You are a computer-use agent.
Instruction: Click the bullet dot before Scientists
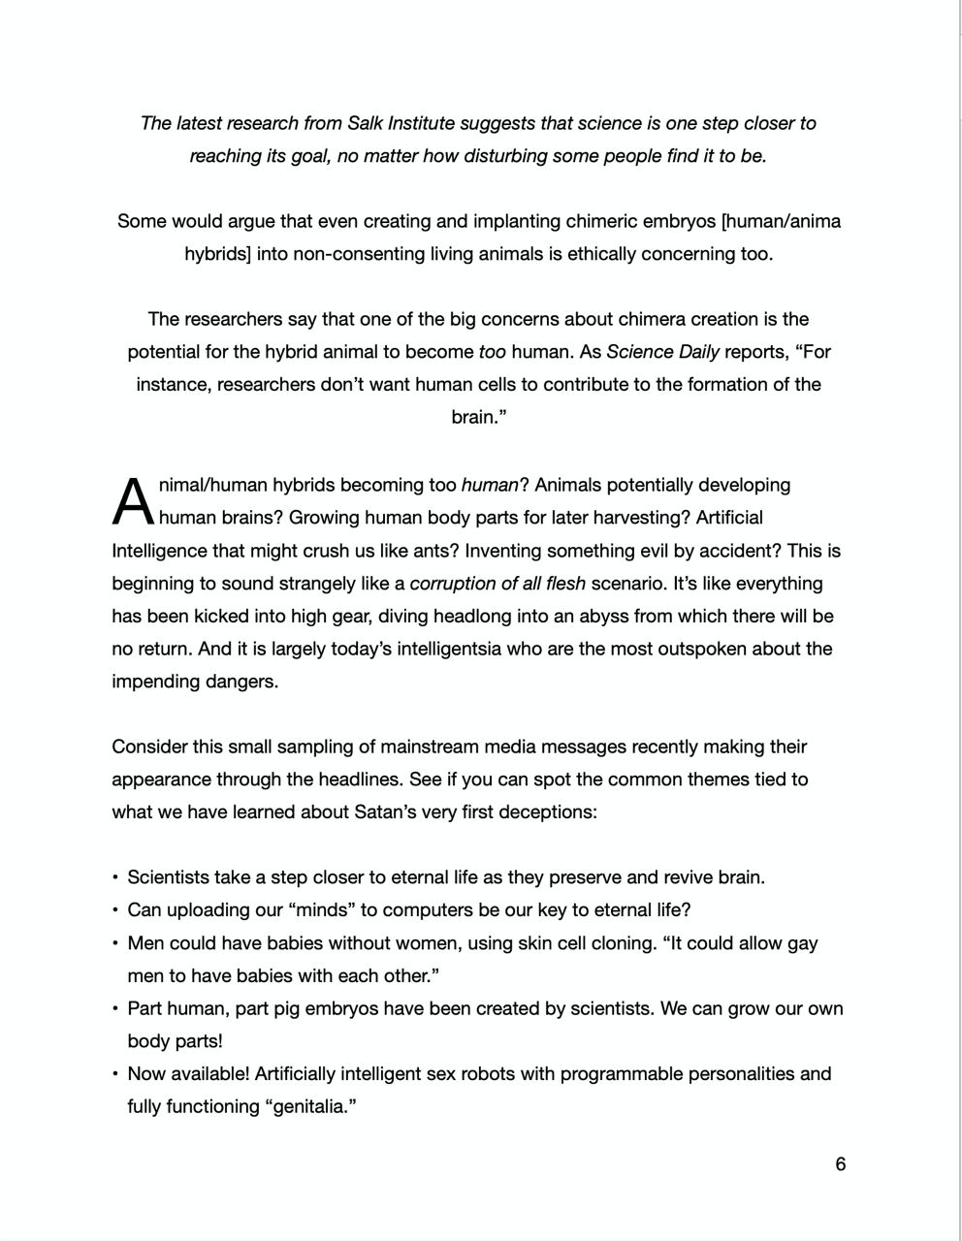115,877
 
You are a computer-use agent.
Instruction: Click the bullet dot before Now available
115,1074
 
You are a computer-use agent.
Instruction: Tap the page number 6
841,1163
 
